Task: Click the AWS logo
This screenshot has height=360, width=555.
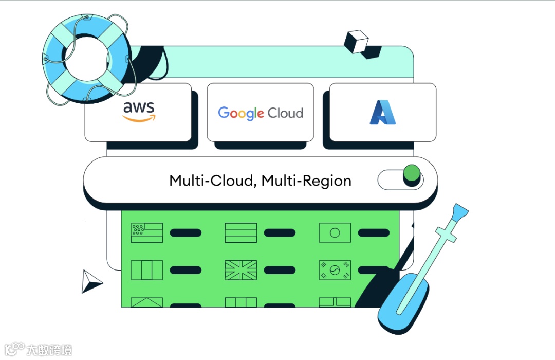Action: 139,112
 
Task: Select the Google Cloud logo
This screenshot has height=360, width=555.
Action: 261,113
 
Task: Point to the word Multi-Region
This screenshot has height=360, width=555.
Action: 306,181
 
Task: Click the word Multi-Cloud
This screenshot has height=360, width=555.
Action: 211,181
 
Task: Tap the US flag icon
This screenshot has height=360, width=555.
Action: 147,233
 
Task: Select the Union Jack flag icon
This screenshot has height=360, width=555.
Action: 240,270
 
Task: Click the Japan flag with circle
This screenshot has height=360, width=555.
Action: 335,233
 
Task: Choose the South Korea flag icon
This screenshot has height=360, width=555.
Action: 335,270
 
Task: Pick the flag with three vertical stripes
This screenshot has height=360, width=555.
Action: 147,270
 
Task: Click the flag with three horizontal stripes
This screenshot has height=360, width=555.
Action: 240,233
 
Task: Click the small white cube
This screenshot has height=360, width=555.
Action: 356,41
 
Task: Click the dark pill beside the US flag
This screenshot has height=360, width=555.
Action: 186,233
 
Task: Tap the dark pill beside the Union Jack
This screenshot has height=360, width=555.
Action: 280,270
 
